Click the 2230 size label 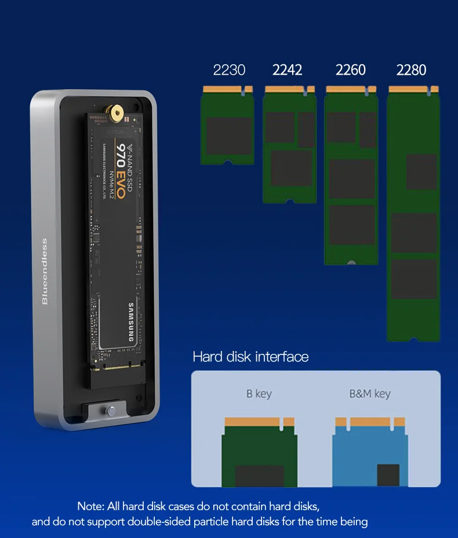(x=229, y=70)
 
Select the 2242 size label (x=288, y=70)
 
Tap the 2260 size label (x=351, y=70)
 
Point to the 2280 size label (x=412, y=70)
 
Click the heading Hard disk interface (x=250, y=357)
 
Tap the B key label (x=259, y=394)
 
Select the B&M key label (x=370, y=394)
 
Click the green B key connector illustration (x=259, y=452)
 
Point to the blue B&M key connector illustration (x=370, y=452)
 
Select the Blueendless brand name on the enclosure (x=45, y=271)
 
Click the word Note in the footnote (x=90, y=507)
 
